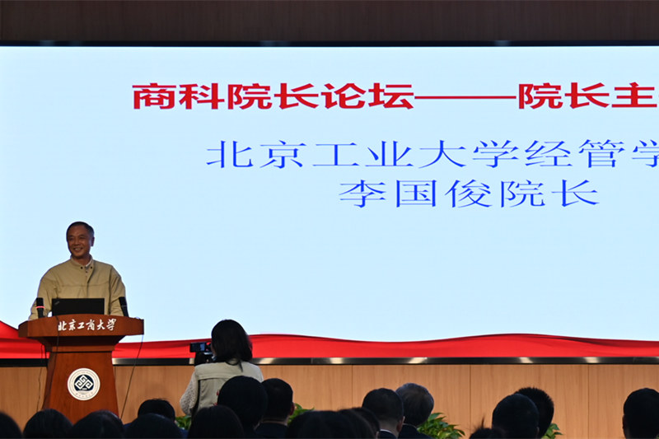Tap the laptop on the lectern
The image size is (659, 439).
78,306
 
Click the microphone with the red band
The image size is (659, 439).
40,306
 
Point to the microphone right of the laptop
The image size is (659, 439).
124,306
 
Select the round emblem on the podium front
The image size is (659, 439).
83,384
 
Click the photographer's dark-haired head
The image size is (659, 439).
231,340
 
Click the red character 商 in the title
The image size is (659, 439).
154,96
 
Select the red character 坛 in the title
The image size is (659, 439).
390,96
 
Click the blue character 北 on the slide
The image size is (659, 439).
228,154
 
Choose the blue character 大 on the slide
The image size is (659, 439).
442,154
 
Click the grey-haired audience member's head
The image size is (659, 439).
414,403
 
